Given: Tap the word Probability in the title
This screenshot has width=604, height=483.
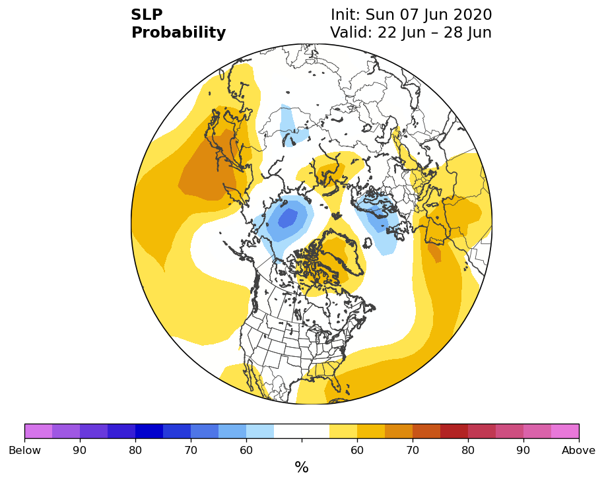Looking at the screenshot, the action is pos(178,33).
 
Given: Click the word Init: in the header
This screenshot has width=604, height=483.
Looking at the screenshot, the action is pos(345,15).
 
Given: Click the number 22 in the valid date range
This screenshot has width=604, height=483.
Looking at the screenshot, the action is pos(387,32).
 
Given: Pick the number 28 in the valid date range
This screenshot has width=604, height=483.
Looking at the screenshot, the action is pos(453,32).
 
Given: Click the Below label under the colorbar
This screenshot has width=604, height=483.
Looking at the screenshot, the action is pos(24,450).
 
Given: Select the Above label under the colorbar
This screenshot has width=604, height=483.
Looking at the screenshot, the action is pos(578,450).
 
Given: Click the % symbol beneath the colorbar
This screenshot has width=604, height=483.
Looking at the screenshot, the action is pos(302,467).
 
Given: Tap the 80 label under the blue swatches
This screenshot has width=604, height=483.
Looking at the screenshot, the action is pos(135,450).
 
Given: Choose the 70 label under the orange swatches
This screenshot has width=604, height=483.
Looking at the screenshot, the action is pos(413,450).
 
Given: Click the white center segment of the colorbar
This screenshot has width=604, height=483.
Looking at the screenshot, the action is pos(302,431).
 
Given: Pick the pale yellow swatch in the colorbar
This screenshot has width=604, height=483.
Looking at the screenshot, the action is pos(343,431).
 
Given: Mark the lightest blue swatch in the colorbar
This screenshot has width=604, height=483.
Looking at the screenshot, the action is pos(260,431).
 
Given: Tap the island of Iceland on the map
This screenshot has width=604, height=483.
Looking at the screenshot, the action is pos(368,243).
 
